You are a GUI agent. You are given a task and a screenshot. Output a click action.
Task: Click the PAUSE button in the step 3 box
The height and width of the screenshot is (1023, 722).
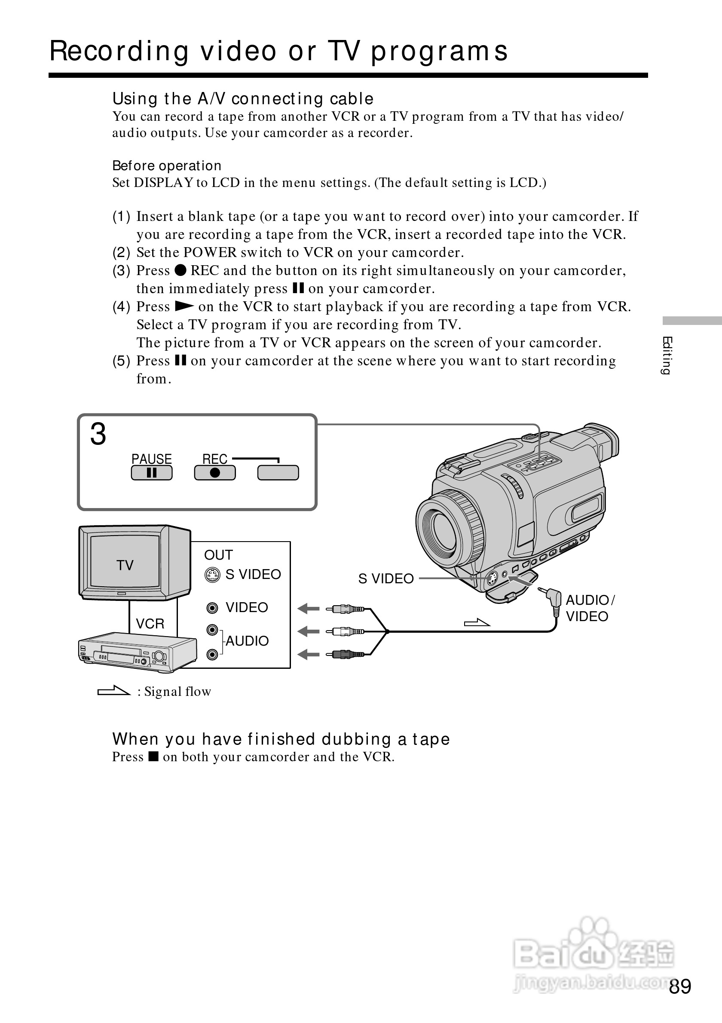coord(151,473)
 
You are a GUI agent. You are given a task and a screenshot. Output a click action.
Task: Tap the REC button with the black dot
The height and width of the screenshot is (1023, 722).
coord(215,473)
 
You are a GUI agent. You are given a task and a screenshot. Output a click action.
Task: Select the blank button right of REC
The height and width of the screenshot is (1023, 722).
coord(278,473)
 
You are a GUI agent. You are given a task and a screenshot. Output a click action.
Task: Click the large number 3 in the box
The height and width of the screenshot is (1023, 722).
coord(98,434)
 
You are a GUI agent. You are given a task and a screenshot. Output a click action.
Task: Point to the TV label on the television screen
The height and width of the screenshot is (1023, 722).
coord(125,565)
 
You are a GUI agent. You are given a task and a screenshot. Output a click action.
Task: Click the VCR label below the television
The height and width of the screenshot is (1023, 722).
coord(150,623)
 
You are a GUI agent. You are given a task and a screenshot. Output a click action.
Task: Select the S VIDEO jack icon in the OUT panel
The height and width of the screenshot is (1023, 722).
coord(212,575)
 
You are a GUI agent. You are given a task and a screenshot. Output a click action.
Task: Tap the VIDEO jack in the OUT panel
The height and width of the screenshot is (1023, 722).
coord(212,608)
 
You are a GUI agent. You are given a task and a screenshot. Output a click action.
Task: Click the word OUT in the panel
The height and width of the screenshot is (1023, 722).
coord(218,555)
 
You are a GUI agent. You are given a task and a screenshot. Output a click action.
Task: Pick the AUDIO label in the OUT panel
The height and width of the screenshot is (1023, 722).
coord(247,641)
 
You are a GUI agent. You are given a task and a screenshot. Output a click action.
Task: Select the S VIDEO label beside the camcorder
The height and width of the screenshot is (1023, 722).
coord(386,578)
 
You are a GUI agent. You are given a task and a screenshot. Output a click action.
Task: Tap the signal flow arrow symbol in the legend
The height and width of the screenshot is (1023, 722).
coord(113,691)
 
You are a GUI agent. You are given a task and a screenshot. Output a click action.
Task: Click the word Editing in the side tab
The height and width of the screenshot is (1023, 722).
coord(667,355)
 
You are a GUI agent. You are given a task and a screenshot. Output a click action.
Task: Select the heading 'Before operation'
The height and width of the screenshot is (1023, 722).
coord(167,166)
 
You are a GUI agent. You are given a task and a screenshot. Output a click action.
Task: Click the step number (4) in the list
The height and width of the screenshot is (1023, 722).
coord(121,306)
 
